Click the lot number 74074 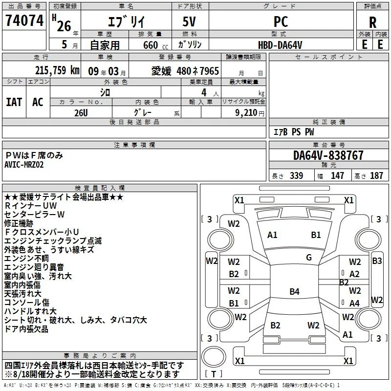pos(24,20)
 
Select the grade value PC pos(281,22)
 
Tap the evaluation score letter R pos(372,22)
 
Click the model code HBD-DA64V pos(280,45)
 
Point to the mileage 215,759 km pos(57,70)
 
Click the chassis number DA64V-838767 pos(328,155)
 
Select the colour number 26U pos(81,113)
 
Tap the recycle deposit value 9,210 pos(246,113)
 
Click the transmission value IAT pos(14,102)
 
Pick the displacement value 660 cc pos(155,45)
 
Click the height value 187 pos(376,175)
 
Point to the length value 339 pos(296,175)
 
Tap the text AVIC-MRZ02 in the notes pos(24,165)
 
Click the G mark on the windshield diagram pos(309,258)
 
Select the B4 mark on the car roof pos(295,291)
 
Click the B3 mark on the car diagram pos(377,261)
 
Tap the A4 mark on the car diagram pos(354,303)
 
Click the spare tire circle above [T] pos(214,357)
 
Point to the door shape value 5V pos(189,22)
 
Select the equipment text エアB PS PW pos(294,132)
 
